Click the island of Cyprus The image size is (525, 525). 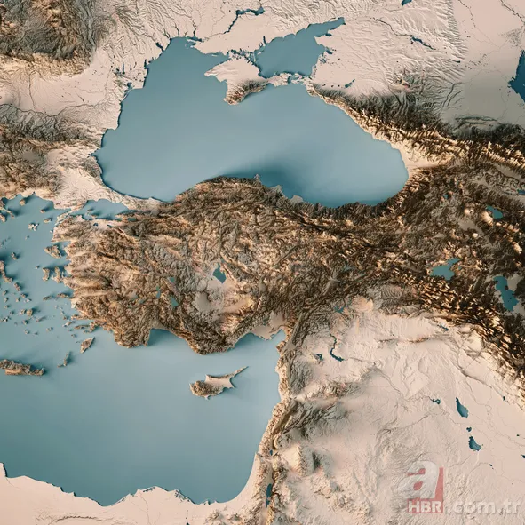tap(211, 385)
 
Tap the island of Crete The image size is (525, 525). tap(20, 366)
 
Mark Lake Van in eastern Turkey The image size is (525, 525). tap(445, 268)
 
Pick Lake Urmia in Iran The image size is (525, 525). tap(506, 293)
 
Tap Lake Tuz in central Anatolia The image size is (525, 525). tap(219, 275)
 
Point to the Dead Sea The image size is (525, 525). tap(269, 491)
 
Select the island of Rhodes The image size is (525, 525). tap(85, 344)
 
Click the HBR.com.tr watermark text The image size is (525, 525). tap(462, 506)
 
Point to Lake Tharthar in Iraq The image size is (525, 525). tap(462, 408)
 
